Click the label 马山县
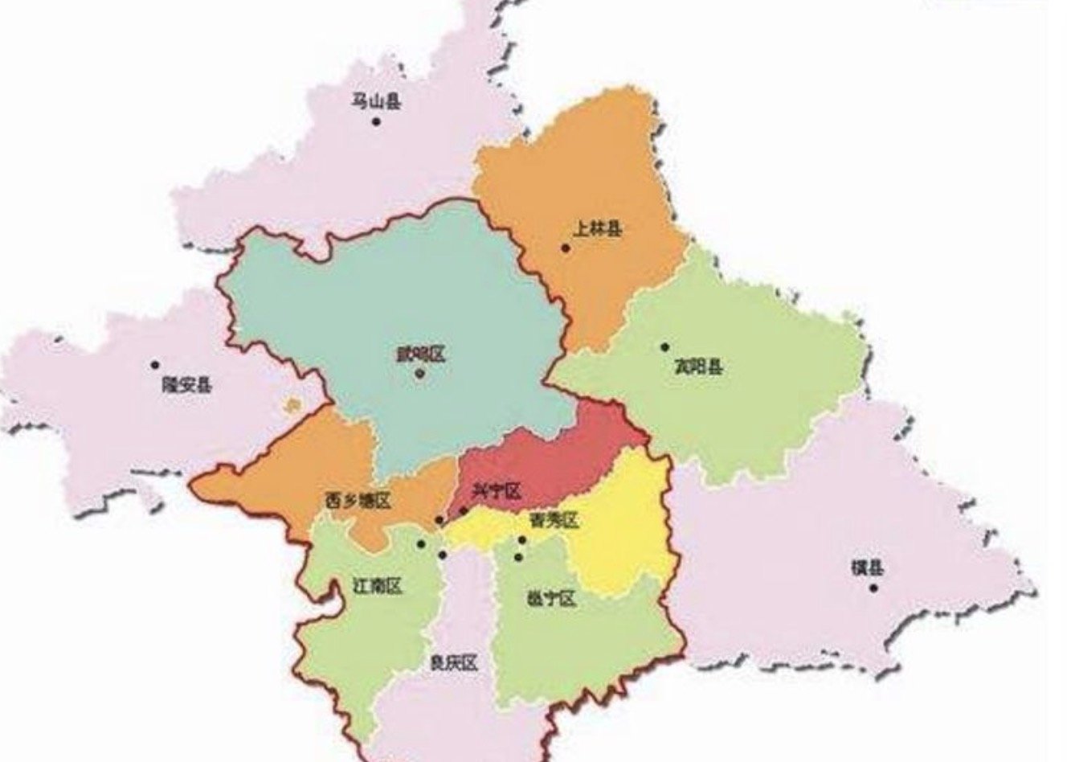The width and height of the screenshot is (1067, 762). tap(375, 102)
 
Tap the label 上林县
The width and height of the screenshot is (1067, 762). tap(598, 230)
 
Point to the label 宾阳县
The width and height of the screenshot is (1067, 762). tap(697, 368)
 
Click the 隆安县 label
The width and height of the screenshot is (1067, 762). tap(187, 384)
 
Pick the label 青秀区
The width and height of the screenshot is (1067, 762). tap(554, 521)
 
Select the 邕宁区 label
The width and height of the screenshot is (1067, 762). tap(550, 598)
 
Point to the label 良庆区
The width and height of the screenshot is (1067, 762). tap(453, 663)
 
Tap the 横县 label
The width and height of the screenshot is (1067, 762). tap(867, 568)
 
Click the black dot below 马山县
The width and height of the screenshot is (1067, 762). tap(375, 122)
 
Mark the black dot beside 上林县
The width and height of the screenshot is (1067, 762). tap(566, 248)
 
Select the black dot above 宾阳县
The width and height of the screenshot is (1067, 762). tap(664, 347)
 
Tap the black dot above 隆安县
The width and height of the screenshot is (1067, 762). tap(155, 364)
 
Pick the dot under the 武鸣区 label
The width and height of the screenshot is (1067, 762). tap(419, 373)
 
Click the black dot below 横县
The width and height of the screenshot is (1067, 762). tap(873, 588)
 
